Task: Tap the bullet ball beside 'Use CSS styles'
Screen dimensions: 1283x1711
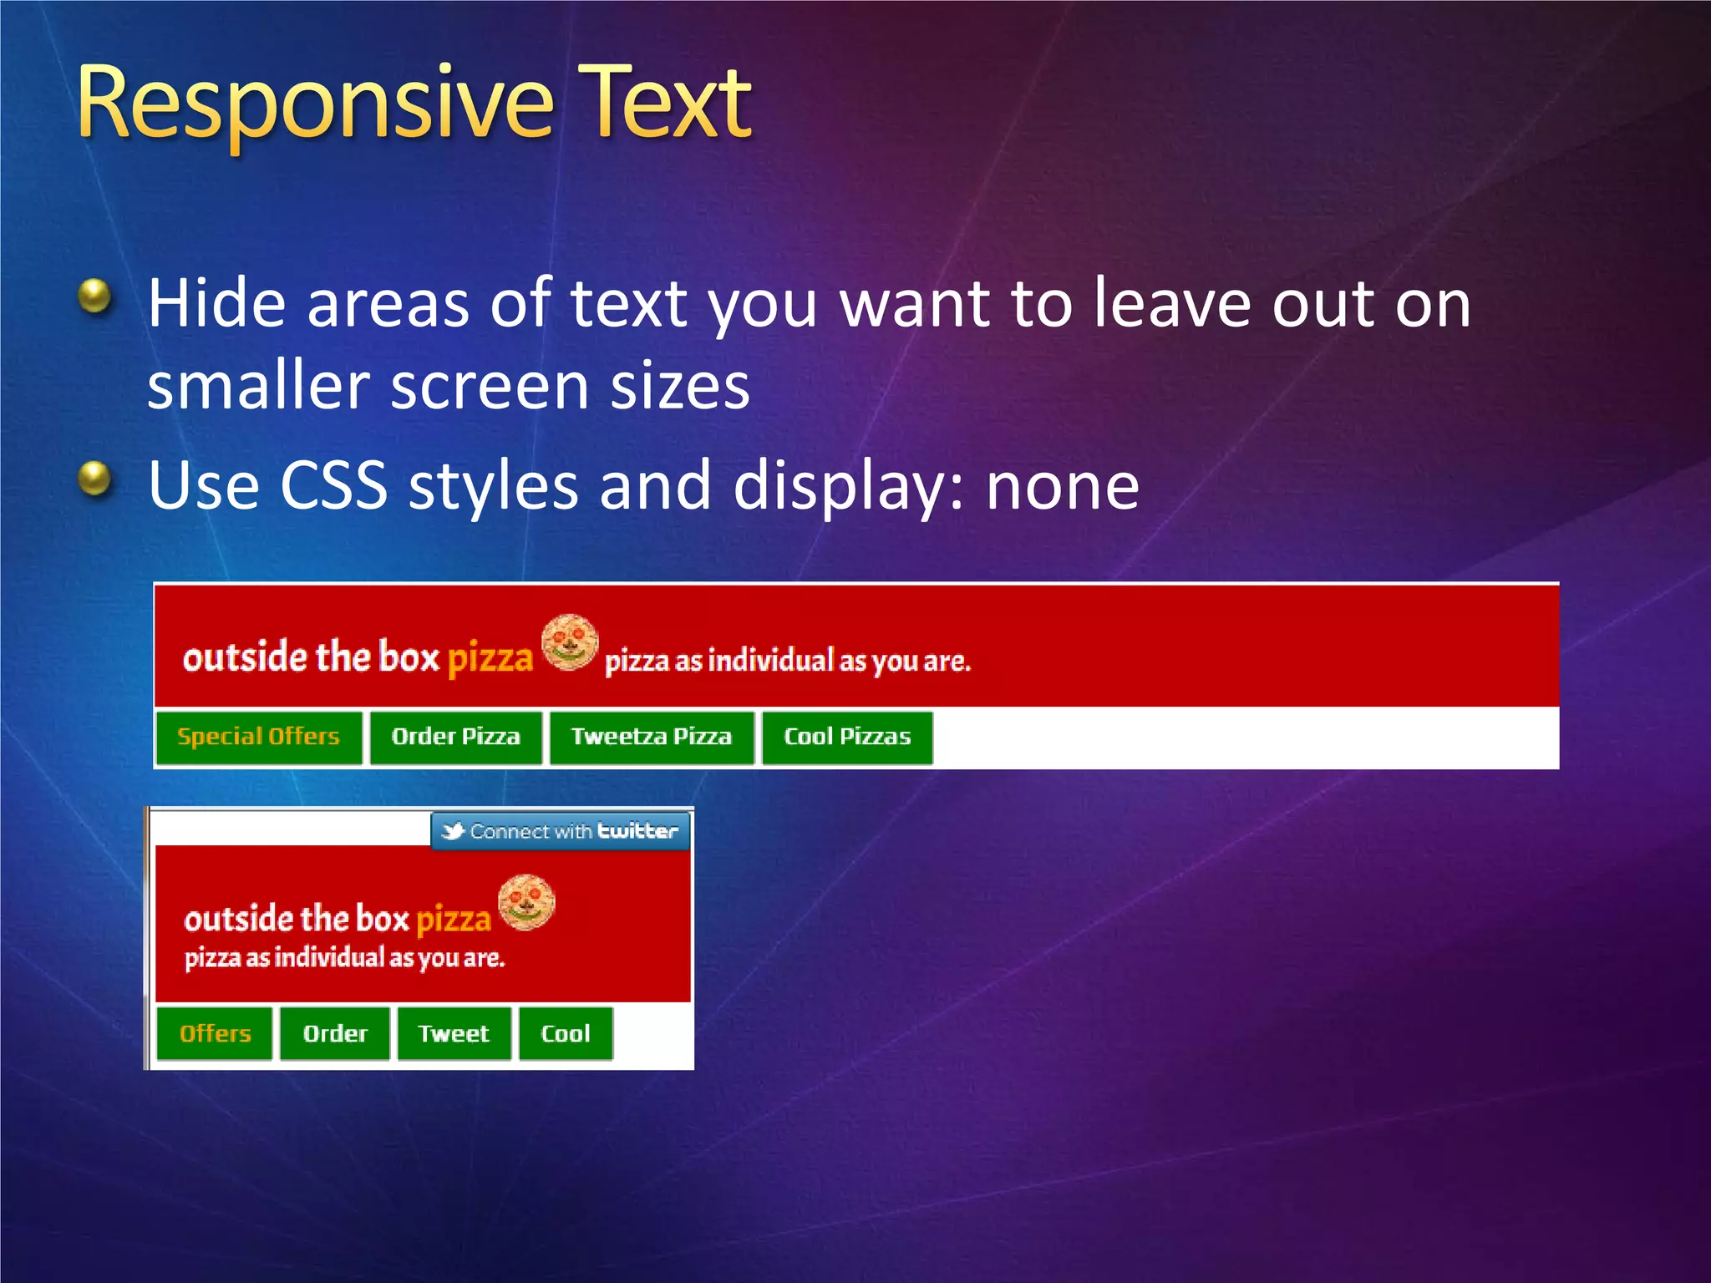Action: click(95, 478)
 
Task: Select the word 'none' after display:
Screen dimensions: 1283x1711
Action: click(1062, 487)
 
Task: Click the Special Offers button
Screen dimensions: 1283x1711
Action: click(259, 737)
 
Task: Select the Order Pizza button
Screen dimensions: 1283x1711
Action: click(456, 737)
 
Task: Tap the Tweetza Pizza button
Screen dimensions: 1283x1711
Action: click(652, 737)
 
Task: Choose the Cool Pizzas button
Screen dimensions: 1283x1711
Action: click(847, 737)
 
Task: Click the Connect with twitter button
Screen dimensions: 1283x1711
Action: click(561, 831)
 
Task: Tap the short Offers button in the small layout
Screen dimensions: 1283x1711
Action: click(215, 1034)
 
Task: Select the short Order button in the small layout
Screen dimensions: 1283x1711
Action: click(335, 1034)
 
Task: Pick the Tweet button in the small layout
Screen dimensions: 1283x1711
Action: click(454, 1034)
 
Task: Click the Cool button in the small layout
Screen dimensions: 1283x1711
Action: click(566, 1034)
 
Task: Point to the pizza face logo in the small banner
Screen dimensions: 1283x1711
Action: click(526, 902)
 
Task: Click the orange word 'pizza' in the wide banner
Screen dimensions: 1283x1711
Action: click(490, 658)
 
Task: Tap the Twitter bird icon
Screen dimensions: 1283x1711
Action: click(453, 831)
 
